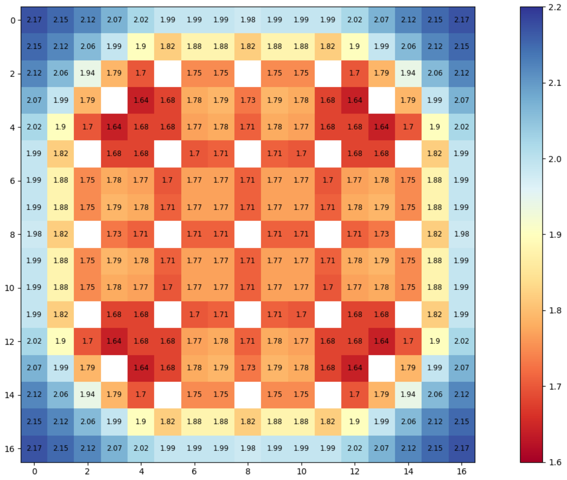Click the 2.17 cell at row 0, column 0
[34, 20]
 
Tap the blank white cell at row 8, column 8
[248, 234]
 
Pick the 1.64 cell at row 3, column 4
[141, 100]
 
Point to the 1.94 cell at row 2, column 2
[87, 73]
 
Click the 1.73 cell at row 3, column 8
[248, 100]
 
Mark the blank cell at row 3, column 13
[381, 100]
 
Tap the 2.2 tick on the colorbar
[555, 7]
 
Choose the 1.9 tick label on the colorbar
[555, 235]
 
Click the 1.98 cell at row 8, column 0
[34, 234]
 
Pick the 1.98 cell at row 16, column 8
[248, 448]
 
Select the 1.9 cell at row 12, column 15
[434, 341]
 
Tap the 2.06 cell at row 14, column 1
[61, 395]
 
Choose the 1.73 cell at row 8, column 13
[381, 234]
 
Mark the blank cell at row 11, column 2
[87, 314]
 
